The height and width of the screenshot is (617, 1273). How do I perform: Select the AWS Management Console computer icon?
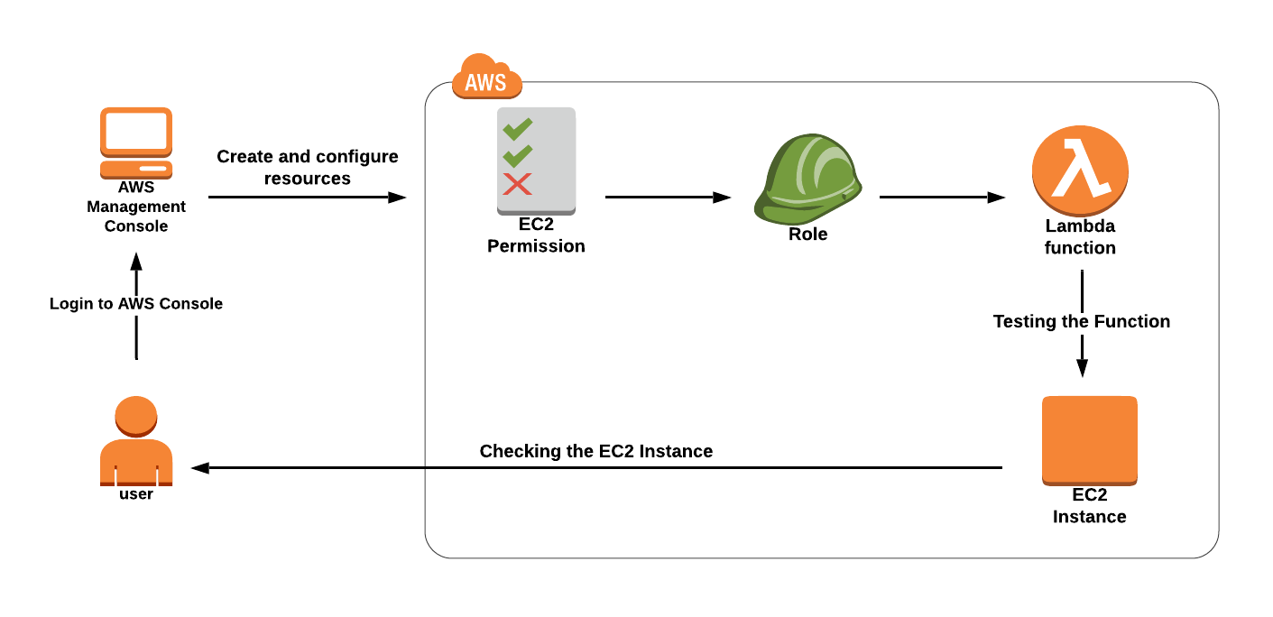coord(136,143)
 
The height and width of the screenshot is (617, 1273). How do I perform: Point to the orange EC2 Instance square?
coord(1089,439)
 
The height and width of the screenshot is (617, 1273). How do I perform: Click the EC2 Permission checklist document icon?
coord(536,161)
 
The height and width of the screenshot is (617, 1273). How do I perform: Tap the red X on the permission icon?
coord(517,185)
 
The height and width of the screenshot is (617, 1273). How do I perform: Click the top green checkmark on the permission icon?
coord(517,129)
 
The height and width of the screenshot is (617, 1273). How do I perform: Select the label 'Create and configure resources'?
coord(308,168)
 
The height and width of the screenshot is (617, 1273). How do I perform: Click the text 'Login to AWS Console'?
coord(136,304)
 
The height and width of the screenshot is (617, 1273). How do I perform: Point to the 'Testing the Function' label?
coord(1082,321)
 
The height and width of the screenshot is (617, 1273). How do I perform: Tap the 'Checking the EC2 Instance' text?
coord(596,451)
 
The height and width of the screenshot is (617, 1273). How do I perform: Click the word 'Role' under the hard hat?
coord(807,235)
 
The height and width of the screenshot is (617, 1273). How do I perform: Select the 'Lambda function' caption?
coord(1080,237)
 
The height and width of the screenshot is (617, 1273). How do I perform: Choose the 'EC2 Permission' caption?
coord(536,235)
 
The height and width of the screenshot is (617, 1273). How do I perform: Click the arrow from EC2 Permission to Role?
coord(668,198)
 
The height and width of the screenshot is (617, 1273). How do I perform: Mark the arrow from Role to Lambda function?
coord(942,198)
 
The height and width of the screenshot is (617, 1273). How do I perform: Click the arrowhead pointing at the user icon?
coord(200,468)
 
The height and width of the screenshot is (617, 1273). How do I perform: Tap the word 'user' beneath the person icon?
coord(136,494)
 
